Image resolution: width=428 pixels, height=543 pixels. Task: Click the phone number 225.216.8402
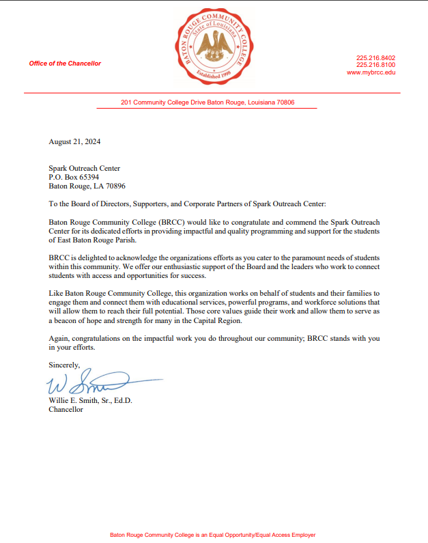click(375, 58)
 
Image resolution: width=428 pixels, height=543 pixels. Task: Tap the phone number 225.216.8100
click(375, 65)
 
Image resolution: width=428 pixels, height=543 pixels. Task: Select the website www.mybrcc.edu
click(371, 72)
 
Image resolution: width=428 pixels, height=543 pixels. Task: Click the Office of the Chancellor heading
click(65, 64)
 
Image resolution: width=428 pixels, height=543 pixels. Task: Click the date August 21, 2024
click(74, 142)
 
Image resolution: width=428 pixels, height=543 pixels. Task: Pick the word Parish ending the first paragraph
click(127, 240)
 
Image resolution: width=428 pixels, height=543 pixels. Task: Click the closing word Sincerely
click(64, 365)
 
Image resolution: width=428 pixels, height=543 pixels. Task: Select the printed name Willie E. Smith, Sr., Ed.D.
click(90, 401)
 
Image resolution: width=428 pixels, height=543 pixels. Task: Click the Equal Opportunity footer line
click(212, 535)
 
